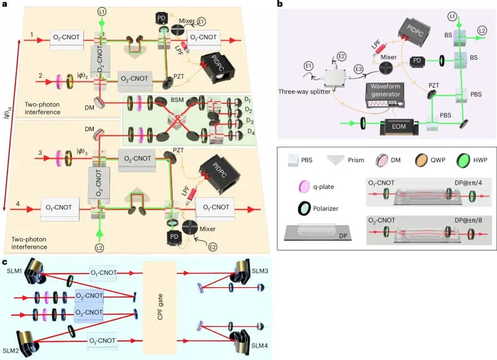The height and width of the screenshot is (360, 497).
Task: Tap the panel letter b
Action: [280, 4]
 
